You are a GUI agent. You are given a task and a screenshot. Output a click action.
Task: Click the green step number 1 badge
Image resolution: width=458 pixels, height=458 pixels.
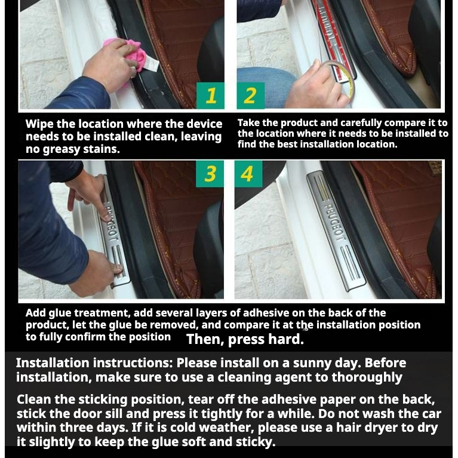click(210, 96)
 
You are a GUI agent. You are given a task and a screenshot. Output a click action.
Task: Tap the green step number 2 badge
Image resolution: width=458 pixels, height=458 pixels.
click(250, 96)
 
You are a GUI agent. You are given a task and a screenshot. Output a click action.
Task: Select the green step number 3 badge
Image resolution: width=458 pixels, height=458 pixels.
click(210, 174)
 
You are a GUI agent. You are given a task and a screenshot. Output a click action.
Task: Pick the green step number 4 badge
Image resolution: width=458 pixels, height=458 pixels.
click(248, 174)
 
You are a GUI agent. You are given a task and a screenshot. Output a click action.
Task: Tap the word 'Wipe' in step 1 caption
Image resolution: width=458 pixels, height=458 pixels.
click(39, 124)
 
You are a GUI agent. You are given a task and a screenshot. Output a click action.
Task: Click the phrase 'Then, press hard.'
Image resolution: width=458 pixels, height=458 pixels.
click(245, 339)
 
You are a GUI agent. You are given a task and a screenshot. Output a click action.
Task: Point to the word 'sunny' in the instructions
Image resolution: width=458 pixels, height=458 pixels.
click(312, 363)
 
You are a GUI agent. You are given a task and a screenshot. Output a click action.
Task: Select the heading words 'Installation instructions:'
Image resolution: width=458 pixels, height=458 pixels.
click(94, 363)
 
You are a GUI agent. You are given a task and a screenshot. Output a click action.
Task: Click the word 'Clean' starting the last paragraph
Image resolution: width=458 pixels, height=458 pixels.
click(34, 399)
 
